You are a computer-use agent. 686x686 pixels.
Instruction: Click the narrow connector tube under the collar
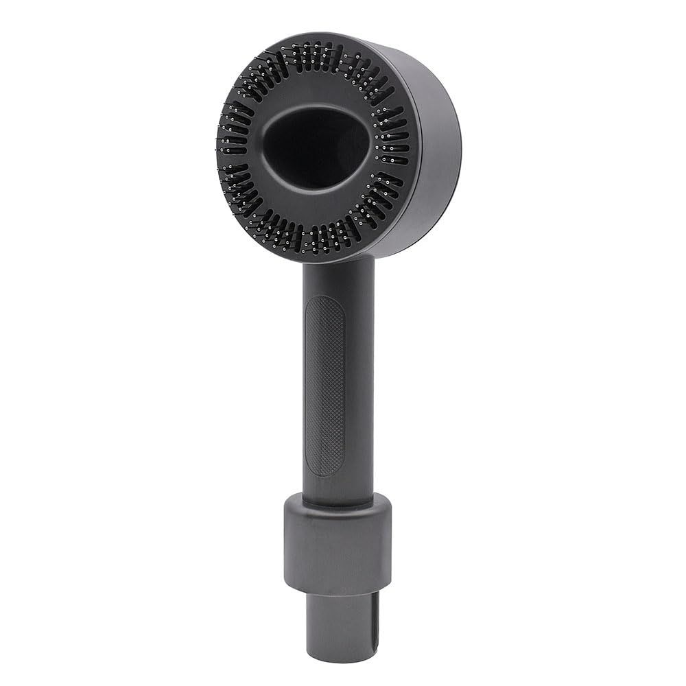[x=336, y=617]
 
